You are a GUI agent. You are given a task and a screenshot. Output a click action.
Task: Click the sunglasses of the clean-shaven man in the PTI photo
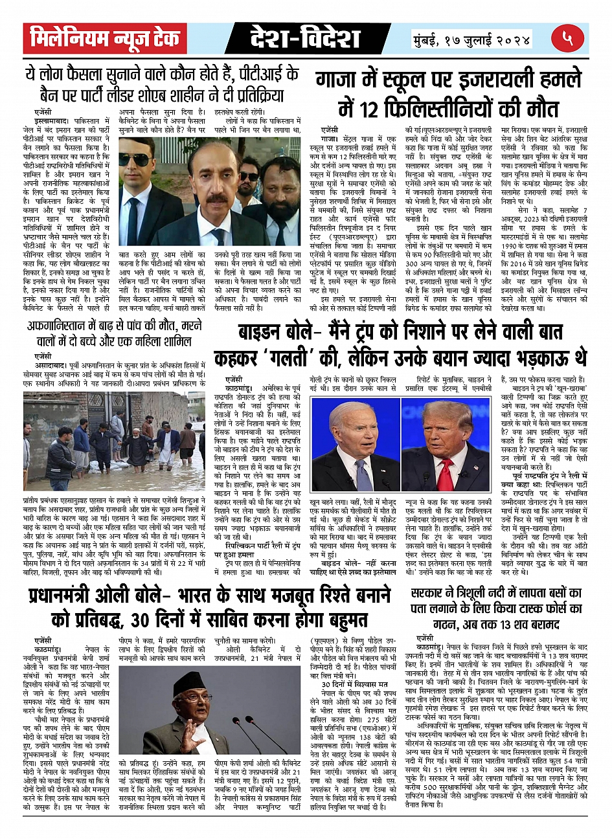pos(135,161)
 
